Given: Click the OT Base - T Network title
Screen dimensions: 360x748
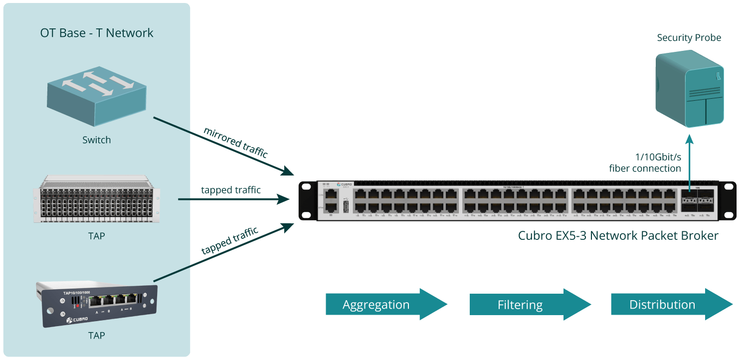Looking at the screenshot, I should (97, 33).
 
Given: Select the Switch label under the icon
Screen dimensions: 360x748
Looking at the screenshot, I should (97, 140).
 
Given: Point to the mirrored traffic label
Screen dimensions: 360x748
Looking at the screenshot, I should (236, 143).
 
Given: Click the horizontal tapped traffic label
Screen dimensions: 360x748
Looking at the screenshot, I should (231, 190).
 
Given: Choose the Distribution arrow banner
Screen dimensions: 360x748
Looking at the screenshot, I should (671, 304).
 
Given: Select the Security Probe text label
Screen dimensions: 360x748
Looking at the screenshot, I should (689, 38).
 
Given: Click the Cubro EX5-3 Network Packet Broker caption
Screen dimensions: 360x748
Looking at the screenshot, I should (618, 235).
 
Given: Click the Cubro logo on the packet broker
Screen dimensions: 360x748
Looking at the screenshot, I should (344, 185).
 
